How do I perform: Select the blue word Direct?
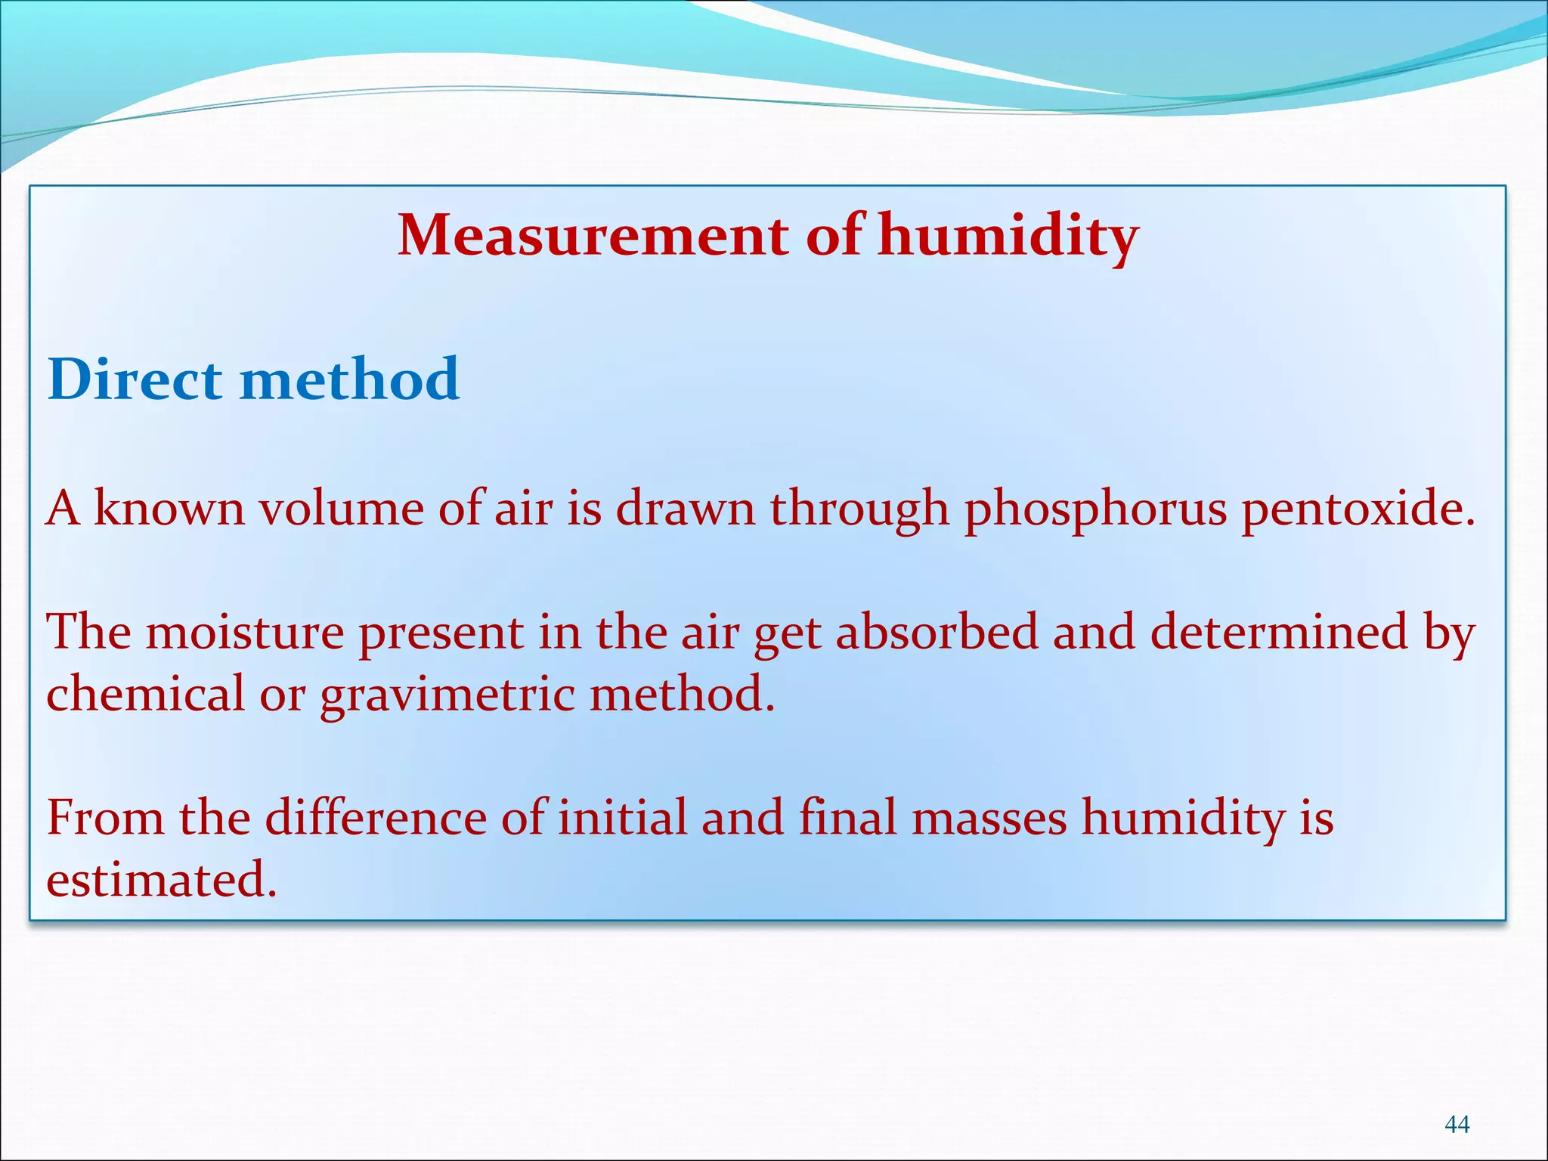(135, 379)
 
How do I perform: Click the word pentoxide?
(1358, 508)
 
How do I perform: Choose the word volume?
(341, 508)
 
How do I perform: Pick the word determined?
(1279, 632)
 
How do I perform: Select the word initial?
(622, 818)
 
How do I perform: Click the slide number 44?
(1457, 1125)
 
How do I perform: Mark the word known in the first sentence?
(169, 508)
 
